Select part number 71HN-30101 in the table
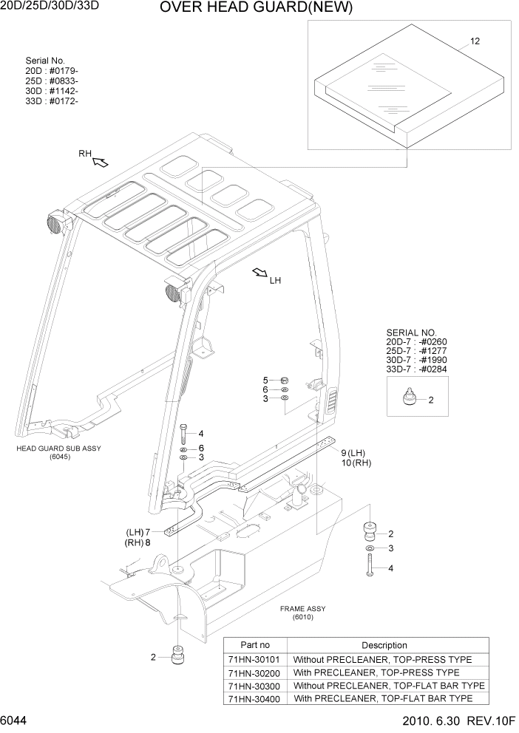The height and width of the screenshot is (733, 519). click(255, 659)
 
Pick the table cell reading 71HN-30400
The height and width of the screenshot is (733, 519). click(255, 698)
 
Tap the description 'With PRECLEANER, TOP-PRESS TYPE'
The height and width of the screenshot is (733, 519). click(376, 672)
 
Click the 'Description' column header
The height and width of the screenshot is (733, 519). click(384, 645)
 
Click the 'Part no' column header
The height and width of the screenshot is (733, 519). click(255, 645)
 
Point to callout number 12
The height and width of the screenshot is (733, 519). click(475, 41)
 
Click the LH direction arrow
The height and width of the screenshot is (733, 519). click(260, 273)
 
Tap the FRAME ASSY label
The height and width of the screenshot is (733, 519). click(302, 613)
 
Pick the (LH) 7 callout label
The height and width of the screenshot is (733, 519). click(138, 532)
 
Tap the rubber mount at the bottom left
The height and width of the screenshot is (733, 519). click(177, 655)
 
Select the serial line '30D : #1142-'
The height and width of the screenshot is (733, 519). click(52, 91)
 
